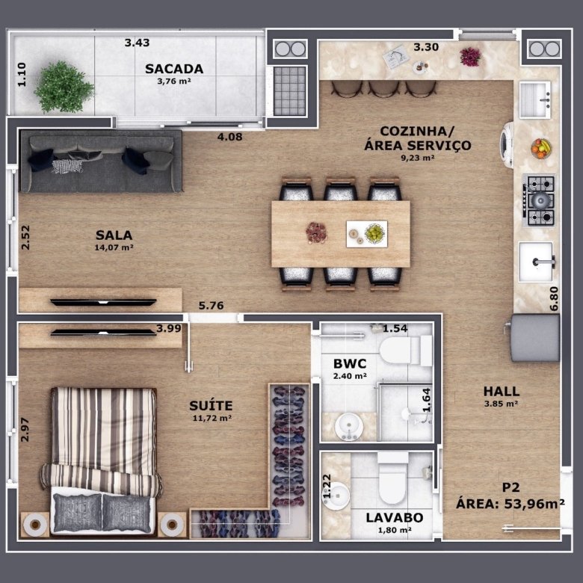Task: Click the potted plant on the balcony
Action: click(x=64, y=87)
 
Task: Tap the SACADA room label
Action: click(x=174, y=69)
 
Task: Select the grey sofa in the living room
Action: click(x=101, y=161)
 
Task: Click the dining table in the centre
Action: click(x=341, y=234)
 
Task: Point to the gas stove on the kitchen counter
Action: click(x=539, y=200)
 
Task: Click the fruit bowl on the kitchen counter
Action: click(x=541, y=148)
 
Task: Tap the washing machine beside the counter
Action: click(x=507, y=145)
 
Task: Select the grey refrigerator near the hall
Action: click(x=534, y=338)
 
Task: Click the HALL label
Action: click(x=502, y=391)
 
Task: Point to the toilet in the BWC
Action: click(x=406, y=351)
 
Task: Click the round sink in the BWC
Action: click(x=349, y=427)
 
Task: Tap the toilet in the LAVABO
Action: click(x=392, y=478)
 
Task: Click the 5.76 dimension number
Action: click(x=211, y=306)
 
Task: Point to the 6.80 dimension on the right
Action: click(x=554, y=298)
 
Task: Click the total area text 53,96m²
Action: click(x=534, y=504)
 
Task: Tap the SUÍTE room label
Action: click(x=211, y=405)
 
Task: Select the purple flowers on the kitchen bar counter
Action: click(x=470, y=57)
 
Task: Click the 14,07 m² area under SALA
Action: click(x=114, y=247)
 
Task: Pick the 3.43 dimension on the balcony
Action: click(x=137, y=43)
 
